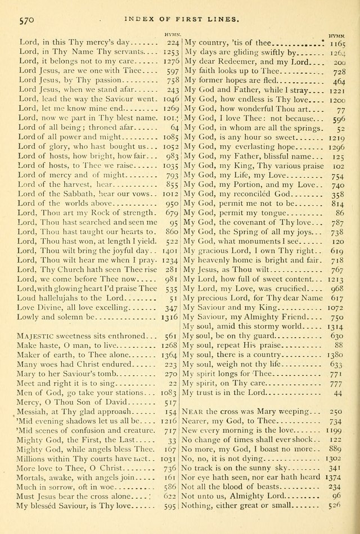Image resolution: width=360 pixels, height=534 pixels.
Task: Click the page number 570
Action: coord(28,19)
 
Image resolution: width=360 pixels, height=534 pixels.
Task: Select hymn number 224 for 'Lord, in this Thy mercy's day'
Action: coord(172,42)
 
